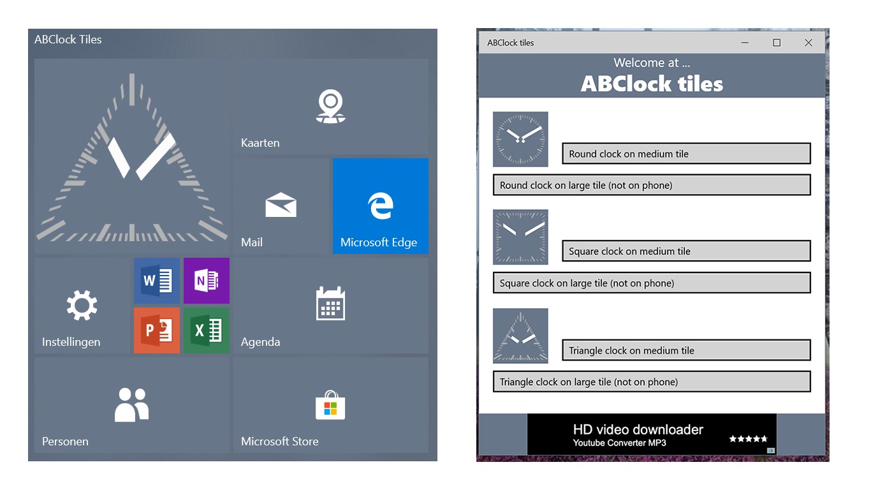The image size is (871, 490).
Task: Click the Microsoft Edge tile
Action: point(380,206)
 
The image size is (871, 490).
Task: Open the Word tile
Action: point(157,281)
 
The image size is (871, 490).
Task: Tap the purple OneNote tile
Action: point(207,281)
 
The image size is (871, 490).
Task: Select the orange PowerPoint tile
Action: point(157,330)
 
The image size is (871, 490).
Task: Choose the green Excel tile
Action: point(207,330)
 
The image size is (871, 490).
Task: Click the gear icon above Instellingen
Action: point(82,305)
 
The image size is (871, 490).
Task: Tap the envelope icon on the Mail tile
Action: point(281,204)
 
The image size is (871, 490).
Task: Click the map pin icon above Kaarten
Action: point(330,107)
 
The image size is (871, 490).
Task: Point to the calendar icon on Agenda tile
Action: point(330,304)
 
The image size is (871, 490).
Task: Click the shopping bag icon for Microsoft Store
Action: point(330,405)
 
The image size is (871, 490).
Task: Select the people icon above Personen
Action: point(132,405)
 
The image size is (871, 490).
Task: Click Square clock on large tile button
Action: point(652,283)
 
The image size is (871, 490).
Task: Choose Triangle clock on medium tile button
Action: point(686,350)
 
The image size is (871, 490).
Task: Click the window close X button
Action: point(809,42)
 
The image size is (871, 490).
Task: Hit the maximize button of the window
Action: point(777,42)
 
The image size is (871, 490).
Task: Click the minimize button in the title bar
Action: point(745,42)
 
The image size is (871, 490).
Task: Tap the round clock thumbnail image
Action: point(521,139)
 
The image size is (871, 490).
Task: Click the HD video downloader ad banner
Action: point(652,434)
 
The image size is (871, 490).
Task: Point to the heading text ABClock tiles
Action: point(652,84)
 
